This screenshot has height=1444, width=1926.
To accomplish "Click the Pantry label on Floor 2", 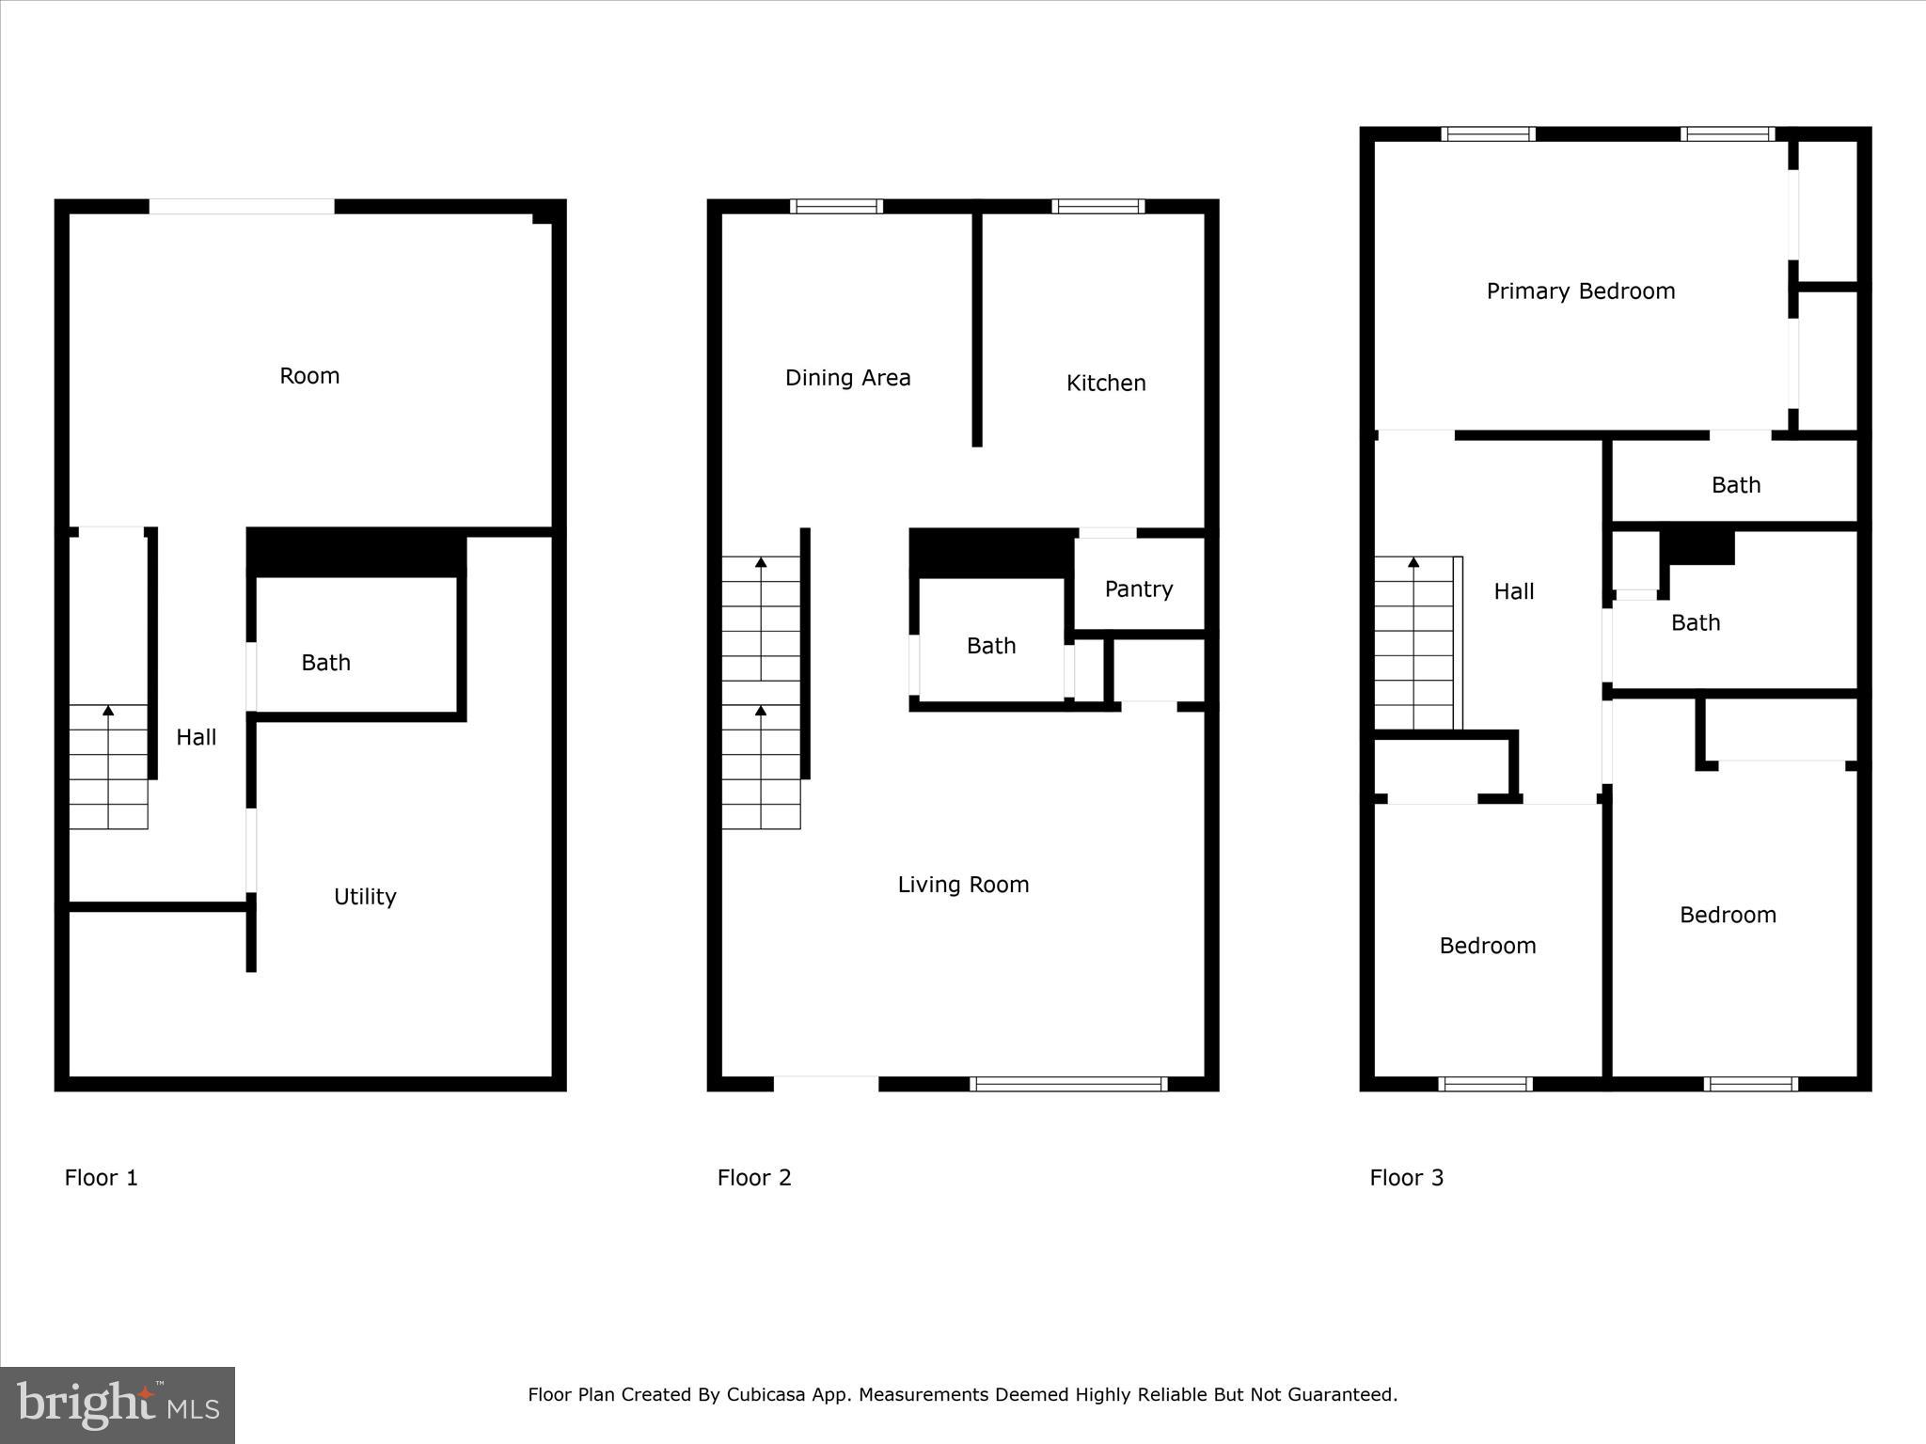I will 1138,589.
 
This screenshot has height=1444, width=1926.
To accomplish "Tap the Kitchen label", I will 1106,384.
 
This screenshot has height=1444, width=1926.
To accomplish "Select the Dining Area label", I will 847,378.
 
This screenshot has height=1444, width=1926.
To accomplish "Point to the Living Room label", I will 963,885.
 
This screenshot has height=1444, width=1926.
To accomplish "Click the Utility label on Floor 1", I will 365,897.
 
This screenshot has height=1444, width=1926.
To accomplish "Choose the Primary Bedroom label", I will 1580,291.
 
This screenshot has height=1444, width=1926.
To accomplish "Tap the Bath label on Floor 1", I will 325,663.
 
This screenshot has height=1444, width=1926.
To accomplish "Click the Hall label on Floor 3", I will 1513,591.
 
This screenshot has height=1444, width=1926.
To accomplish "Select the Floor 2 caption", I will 754,1178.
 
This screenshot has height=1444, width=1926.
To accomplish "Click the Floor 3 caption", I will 1406,1178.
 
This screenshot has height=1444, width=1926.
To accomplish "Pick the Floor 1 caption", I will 101,1178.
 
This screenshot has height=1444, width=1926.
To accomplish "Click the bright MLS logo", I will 118,1405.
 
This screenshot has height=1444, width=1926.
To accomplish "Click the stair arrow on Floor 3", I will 1413,564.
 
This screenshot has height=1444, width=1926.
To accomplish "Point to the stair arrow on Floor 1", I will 108,712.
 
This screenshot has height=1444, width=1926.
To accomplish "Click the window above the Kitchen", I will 1097,207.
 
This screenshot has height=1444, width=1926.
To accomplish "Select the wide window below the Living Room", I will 1068,1084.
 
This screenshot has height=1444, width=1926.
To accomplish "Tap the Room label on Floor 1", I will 309,376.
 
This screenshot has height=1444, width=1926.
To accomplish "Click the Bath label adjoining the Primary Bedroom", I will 1735,485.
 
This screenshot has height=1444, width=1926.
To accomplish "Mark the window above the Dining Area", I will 836,207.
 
